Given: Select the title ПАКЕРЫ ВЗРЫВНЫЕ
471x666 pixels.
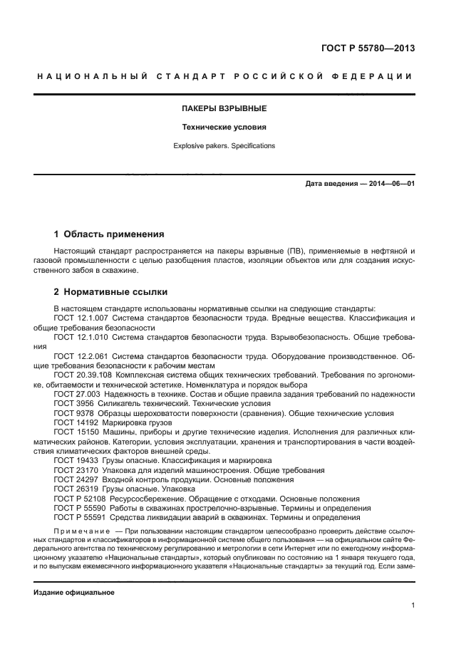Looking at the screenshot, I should (x=224, y=109).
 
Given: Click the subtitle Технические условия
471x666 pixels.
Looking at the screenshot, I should (x=224, y=128).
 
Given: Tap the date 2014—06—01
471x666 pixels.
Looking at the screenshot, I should (x=390, y=184).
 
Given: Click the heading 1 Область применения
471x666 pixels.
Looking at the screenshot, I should (x=110, y=234).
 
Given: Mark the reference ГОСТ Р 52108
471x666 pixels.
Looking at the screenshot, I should (x=78, y=499).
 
